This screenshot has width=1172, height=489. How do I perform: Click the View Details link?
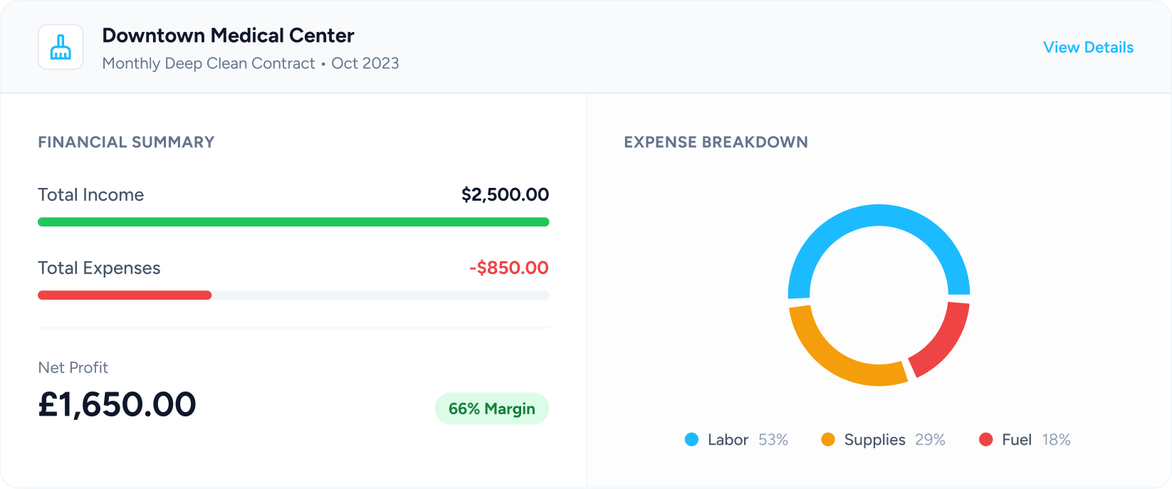[x=1088, y=48]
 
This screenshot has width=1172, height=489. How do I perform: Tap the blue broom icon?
[x=61, y=47]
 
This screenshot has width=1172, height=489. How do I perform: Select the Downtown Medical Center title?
[x=228, y=36]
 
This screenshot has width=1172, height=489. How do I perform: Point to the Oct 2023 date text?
[x=365, y=63]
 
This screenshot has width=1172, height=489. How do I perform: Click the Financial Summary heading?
[x=126, y=142]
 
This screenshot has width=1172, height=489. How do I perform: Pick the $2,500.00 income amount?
[x=505, y=195]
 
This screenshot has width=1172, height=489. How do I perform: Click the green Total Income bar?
[x=293, y=222]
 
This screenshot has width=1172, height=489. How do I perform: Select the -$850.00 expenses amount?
[x=508, y=268]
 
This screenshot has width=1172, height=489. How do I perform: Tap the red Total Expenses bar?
[x=125, y=295]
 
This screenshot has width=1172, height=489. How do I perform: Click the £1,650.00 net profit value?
[x=117, y=404]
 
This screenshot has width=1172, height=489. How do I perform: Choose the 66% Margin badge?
[x=491, y=409]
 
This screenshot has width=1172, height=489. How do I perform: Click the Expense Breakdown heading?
[x=716, y=142]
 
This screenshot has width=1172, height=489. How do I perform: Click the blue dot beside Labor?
[x=691, y=440]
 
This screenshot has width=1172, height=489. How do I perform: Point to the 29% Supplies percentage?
[x=930, y=440]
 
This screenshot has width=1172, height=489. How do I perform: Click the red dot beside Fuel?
[x=986, y=440]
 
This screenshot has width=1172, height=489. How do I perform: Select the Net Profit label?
[x=73, y=368]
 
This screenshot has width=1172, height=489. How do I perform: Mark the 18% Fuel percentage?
[x=1056, y=440]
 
